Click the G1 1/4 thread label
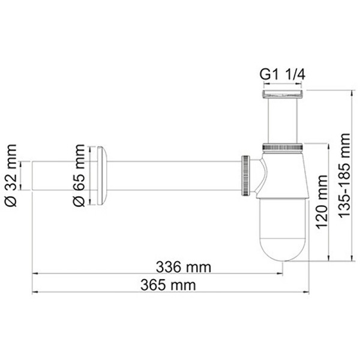coord(281,76)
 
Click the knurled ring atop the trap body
coord(282,145)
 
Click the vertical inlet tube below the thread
coord(282,120)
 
